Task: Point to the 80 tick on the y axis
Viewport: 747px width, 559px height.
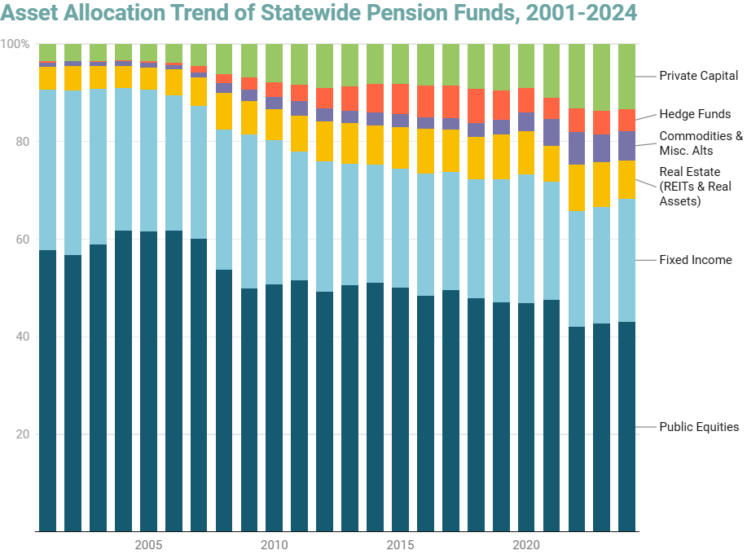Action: coord(22,141)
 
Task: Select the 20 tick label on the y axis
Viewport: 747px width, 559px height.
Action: coord(22,434)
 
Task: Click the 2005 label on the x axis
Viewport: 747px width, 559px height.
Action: coord(147,544)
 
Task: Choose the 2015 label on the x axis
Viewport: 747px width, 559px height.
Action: coord(400,544)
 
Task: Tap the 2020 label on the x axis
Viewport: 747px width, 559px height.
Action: coord(526,544)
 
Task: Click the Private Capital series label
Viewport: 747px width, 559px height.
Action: coord(698,76)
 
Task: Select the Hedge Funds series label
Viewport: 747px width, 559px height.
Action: coord(695,114)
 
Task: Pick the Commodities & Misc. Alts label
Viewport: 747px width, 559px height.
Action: coord(701,143)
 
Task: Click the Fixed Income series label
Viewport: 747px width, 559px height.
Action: coord(695,260)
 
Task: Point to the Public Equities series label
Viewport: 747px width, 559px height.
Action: coord(699,427)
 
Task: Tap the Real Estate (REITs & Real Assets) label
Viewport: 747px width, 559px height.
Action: coord(695,186)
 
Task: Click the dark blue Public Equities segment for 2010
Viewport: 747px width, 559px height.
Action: coord(274,407)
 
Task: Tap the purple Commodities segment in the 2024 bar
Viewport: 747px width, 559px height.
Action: coord(626,146)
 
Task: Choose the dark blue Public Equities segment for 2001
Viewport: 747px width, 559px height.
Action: coord(47,391)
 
